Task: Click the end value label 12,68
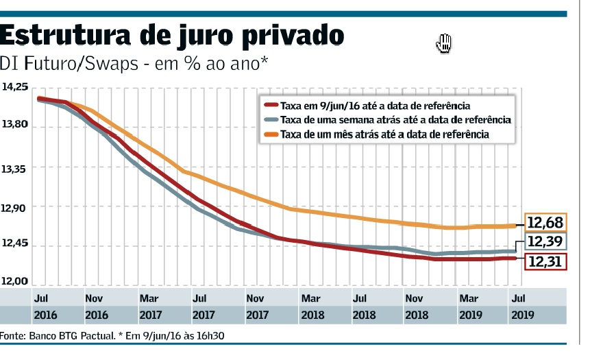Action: pyautogui.click(x=545, y=222)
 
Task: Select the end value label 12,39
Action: pyautogui.click(x=545, y=241)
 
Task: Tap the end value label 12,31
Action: pyautogui.click(x=545, y=261)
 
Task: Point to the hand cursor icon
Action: pyautogui.click(x=444, y=43)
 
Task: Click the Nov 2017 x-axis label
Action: pyautogui.click(x=256, y=307)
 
